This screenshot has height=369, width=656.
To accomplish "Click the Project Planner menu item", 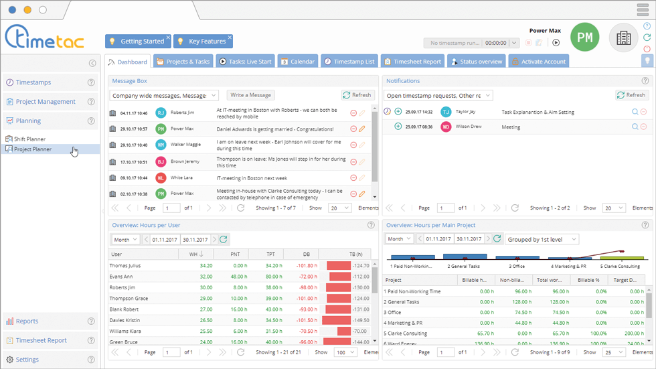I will pyautogui.click(x=33, y=149).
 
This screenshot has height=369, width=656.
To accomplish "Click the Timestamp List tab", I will pyautogui.click(x=349, y=62).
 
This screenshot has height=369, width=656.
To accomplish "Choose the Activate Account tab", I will pyautogui.click(x=540, y=62).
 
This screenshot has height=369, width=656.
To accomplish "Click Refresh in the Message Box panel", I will pyautogui.click(x=356, y=95).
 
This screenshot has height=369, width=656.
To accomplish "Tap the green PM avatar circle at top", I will pyautogui.click(x=584, y=38).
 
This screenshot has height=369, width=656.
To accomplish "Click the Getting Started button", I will pyautogui.click(x=137, y=42).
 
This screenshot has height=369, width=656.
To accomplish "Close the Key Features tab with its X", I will pyautogui.click(x=230, y=38).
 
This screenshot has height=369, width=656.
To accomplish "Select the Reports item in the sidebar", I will pyautogui.click(x=27, y=321).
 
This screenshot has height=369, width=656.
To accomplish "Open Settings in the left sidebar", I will pyautogui.click(x=27, y=360).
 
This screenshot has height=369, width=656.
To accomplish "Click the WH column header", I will pyautogui.click(x=195, y=254).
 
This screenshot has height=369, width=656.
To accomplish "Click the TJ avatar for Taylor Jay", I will pyautogui.click(x=446, y=112).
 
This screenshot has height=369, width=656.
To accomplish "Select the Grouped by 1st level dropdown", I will pyautogui.click(x=542, y=239).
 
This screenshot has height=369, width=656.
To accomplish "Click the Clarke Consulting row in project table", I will pyautogui.click(x=406, y=333).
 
